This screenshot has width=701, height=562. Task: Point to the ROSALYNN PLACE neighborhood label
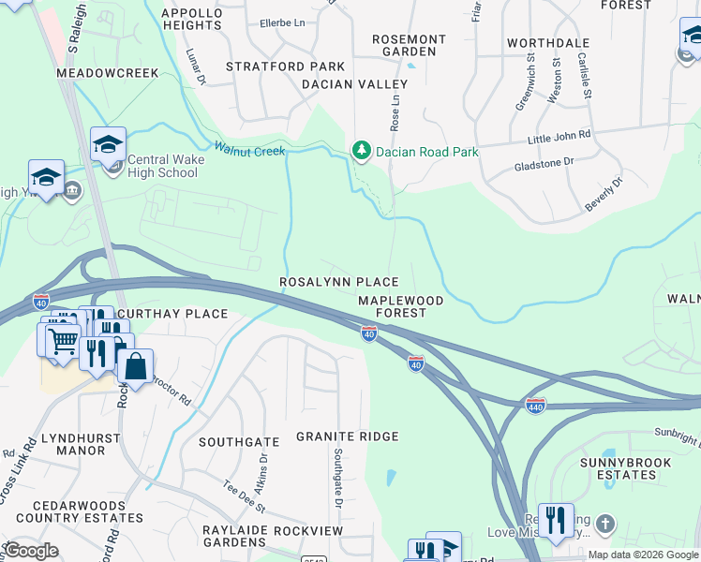[x=339, y=282]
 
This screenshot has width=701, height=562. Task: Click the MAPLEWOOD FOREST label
[x=400, y=306]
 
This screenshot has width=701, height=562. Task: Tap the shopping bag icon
[x=135, y=366]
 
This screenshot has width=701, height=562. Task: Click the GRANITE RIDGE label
[x=347, y=436]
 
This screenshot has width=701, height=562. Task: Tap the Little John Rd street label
[x=559, y=136]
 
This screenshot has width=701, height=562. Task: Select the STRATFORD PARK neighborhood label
[x=285, y=67]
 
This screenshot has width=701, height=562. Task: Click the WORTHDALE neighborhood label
[x=548, y=43]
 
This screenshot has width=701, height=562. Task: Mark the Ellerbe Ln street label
[x=282, y=22]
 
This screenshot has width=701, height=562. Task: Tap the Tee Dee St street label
[x=245, y=495]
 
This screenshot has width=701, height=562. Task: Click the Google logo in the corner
[x=32, y=551]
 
